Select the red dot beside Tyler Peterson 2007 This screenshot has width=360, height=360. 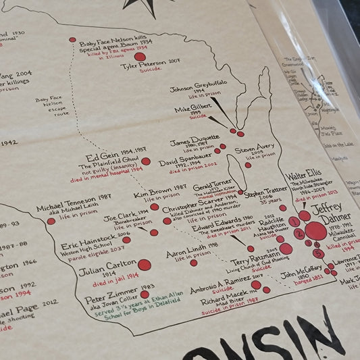click(x=140, y=57)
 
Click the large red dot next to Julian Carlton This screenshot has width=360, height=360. click(x=145, y=265)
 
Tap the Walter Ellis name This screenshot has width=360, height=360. click(x=303, y=175)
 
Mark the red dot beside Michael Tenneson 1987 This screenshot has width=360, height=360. click(x=51, y=221)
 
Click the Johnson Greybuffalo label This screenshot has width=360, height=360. click(x=197, y=88)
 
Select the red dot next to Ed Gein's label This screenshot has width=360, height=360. click(x=146, y=161)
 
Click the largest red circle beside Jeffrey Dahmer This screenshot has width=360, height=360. click(x=315, y=231)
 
